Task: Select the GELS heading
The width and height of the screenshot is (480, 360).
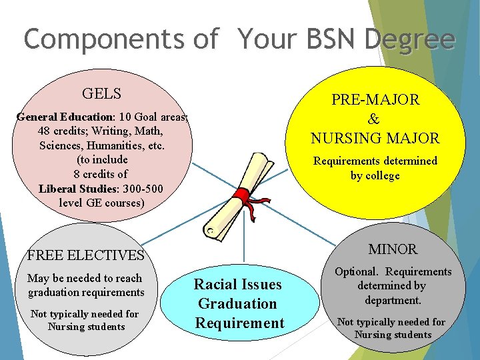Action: (101, 93)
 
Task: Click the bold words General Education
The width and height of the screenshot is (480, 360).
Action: (64, 117)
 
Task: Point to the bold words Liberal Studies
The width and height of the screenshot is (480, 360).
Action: (76, 188)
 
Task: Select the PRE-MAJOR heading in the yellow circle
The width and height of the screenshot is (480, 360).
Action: (375, 100)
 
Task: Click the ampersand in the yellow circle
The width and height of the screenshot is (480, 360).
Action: (374, 119)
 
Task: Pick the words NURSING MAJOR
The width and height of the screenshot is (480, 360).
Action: (375, 139)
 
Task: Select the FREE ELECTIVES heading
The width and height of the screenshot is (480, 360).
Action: (86, 255)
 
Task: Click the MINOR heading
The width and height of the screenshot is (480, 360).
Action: (393, 249)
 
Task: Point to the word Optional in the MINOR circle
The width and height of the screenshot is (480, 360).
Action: (357, 272)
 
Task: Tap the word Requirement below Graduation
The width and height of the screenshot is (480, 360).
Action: (239, 323)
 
